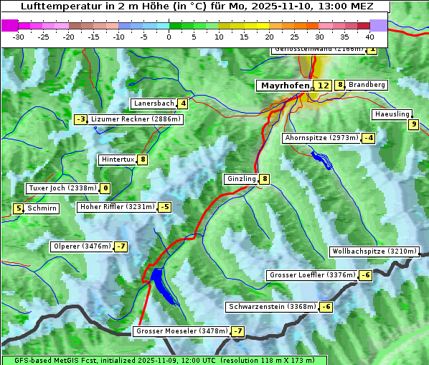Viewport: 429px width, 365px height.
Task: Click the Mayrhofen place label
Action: pyautogui.click(x=286, y=86)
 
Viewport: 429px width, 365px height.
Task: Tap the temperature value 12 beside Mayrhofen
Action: pyautogui.click(x=324, y=86)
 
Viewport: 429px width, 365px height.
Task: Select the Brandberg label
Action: pyautogui.click(x=367, y=85)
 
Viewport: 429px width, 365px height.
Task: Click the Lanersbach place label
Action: pyautogui.click(x=154, y=103)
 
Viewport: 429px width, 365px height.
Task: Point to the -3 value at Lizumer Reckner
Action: pyautogui.click(x=81, y=119)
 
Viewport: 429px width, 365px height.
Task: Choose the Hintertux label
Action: pyautogui.click(x=118, y=160)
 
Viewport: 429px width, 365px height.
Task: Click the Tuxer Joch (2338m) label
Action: pyautogui.click(x=62, y=188)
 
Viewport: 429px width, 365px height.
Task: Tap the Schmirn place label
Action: pyautogui.click(x=42, y=208)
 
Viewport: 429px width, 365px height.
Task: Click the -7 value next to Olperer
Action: pyautogui.click(x=121, y=246)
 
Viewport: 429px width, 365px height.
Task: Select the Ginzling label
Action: pyautogui.click(x=241, y=179)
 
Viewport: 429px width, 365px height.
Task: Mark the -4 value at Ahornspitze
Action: pyautogui.click(x=368, y=137)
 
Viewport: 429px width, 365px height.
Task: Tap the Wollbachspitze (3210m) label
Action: pyautogui.click(x=374, y=251)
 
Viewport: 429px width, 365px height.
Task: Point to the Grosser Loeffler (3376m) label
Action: pyautogui.click(x=311, y=275)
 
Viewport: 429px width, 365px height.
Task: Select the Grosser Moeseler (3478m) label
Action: pyautogui.click(x=181, y=331)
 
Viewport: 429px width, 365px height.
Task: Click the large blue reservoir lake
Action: pyautogui.click(x=159, y=282)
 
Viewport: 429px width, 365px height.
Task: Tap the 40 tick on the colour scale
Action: pyautogui.click(x=369, y=37)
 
